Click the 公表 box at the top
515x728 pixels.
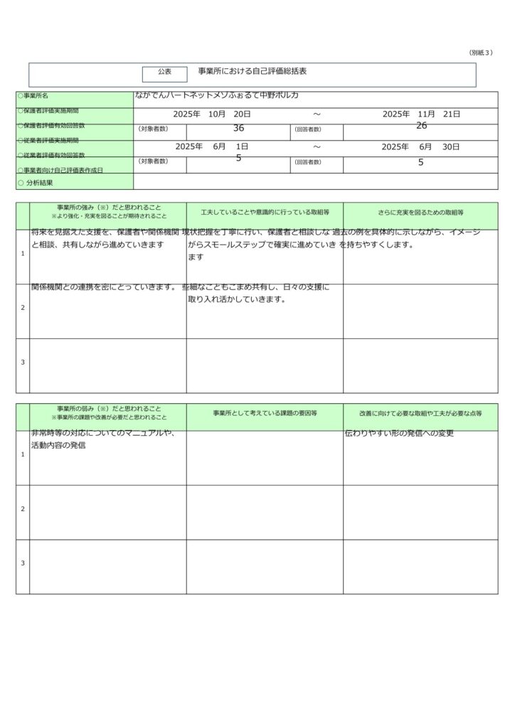[x=164, y=73]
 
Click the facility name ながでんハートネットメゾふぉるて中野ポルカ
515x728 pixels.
[x=216, y=95]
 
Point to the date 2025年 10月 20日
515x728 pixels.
[x=212, y=114]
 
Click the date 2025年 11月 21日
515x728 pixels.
[x=421, y=114]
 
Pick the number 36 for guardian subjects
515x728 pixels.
[x=238, y=128]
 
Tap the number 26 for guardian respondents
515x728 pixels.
[x=421, y=126]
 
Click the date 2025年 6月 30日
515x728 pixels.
[x=420, y=146]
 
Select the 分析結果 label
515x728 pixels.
[x=39, y=183]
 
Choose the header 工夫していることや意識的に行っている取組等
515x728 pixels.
[x=265, y=212]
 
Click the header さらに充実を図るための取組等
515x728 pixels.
[x=420, y=212]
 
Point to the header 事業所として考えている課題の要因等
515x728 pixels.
[x=265, y=413]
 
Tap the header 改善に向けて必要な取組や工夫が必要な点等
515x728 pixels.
[x=420, y=413]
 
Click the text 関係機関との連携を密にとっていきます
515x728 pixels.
[x=104, y=287]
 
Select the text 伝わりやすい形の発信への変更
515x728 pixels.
[x=399, y=433]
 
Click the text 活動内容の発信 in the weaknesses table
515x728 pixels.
[x=58, y=445]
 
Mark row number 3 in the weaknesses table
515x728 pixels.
[x=23, y=564]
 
